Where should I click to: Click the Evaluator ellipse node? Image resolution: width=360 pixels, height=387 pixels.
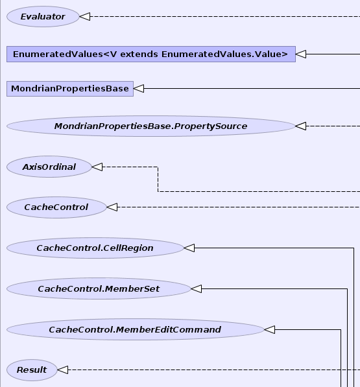click(x=43, y=17)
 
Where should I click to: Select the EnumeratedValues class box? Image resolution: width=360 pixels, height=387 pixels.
click(x=151, y=54)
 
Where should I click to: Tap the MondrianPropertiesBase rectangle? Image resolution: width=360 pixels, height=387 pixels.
click(x=70, y=89)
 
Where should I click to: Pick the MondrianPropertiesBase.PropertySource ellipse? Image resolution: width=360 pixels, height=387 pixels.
click(x=151, y=126)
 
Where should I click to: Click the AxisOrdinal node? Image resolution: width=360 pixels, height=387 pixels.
click(x=49, y=167)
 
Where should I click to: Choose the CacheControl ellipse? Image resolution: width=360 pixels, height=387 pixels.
click(x=56, y=207)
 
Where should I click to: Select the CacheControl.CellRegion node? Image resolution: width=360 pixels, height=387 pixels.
click(x=95, y=248)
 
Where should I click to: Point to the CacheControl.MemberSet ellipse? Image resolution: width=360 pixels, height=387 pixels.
click(x=99, y=288)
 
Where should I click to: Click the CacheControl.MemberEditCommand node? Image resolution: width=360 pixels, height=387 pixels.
click(x=136, y=329)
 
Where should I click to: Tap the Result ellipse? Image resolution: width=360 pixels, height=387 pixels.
click(x=32, y=369)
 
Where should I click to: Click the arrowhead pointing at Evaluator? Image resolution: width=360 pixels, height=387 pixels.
click(x=85, y=17)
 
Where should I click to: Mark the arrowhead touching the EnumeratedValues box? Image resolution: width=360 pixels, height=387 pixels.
click(x=301, y=54)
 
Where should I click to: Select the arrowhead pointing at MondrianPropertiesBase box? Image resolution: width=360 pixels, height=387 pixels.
click(x=139, y=88)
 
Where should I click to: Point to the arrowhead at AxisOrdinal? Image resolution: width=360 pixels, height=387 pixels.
click(x=97, y=167)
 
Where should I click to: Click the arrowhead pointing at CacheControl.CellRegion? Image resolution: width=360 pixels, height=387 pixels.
click(x=189, y=248)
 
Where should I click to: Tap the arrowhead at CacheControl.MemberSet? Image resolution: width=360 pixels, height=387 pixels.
click(x=197, y=288)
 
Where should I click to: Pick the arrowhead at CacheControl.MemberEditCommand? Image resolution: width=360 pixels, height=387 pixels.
click(x=269, y=329)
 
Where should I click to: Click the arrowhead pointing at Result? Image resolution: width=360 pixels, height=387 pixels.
click(x=63, y=369)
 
